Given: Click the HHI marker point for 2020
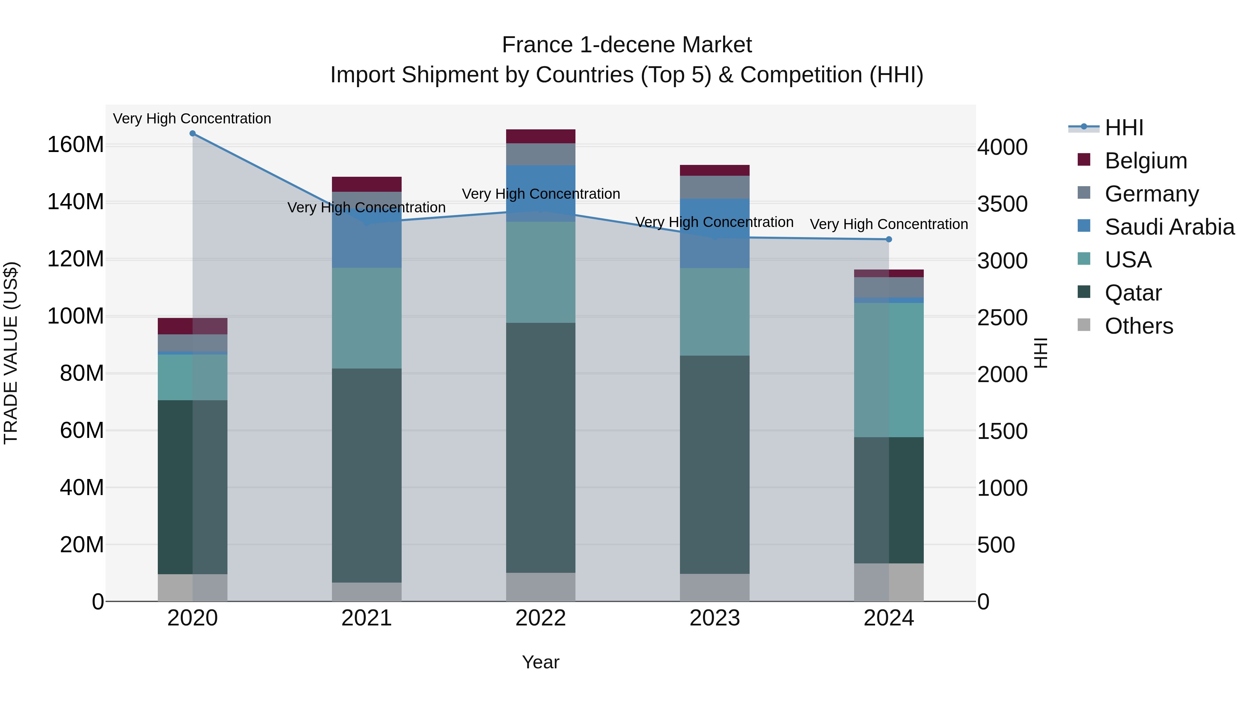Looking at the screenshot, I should (192, 134).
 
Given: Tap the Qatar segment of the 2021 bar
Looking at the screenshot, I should (366, 475).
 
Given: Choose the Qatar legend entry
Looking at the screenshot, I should (1133, 293).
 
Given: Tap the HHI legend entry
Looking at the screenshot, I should (1123, 128).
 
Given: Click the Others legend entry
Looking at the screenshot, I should (1139, 326).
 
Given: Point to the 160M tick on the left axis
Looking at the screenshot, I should (76, 145).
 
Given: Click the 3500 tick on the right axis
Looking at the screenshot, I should (1002, 204).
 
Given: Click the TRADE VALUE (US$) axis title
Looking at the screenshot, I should (11, 353).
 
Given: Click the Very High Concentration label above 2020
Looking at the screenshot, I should (192, 119).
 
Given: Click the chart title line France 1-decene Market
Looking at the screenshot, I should (627, 45).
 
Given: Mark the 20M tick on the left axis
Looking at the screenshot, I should (82, 545).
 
